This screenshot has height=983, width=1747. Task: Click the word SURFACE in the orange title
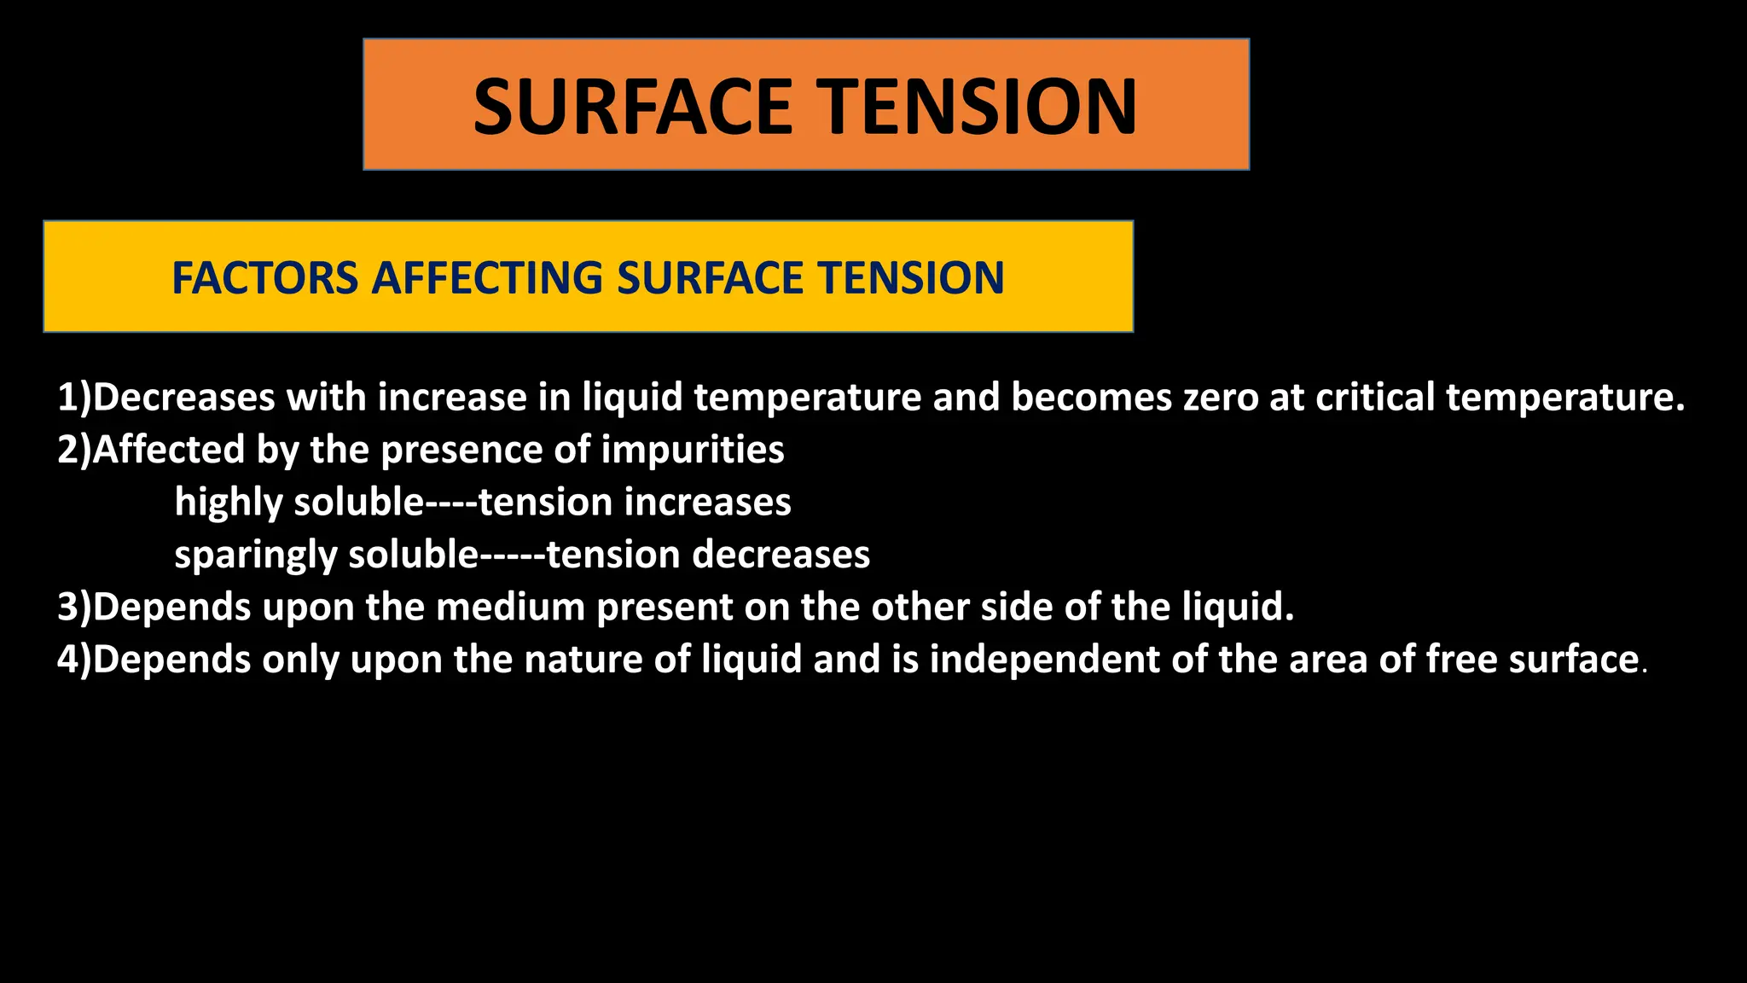634,107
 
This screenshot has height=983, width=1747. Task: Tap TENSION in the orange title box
980,107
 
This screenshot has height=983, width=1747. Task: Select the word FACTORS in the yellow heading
265,278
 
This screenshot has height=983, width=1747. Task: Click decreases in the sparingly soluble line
781,555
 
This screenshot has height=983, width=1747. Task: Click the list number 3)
74,608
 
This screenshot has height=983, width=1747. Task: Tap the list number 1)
74,398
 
